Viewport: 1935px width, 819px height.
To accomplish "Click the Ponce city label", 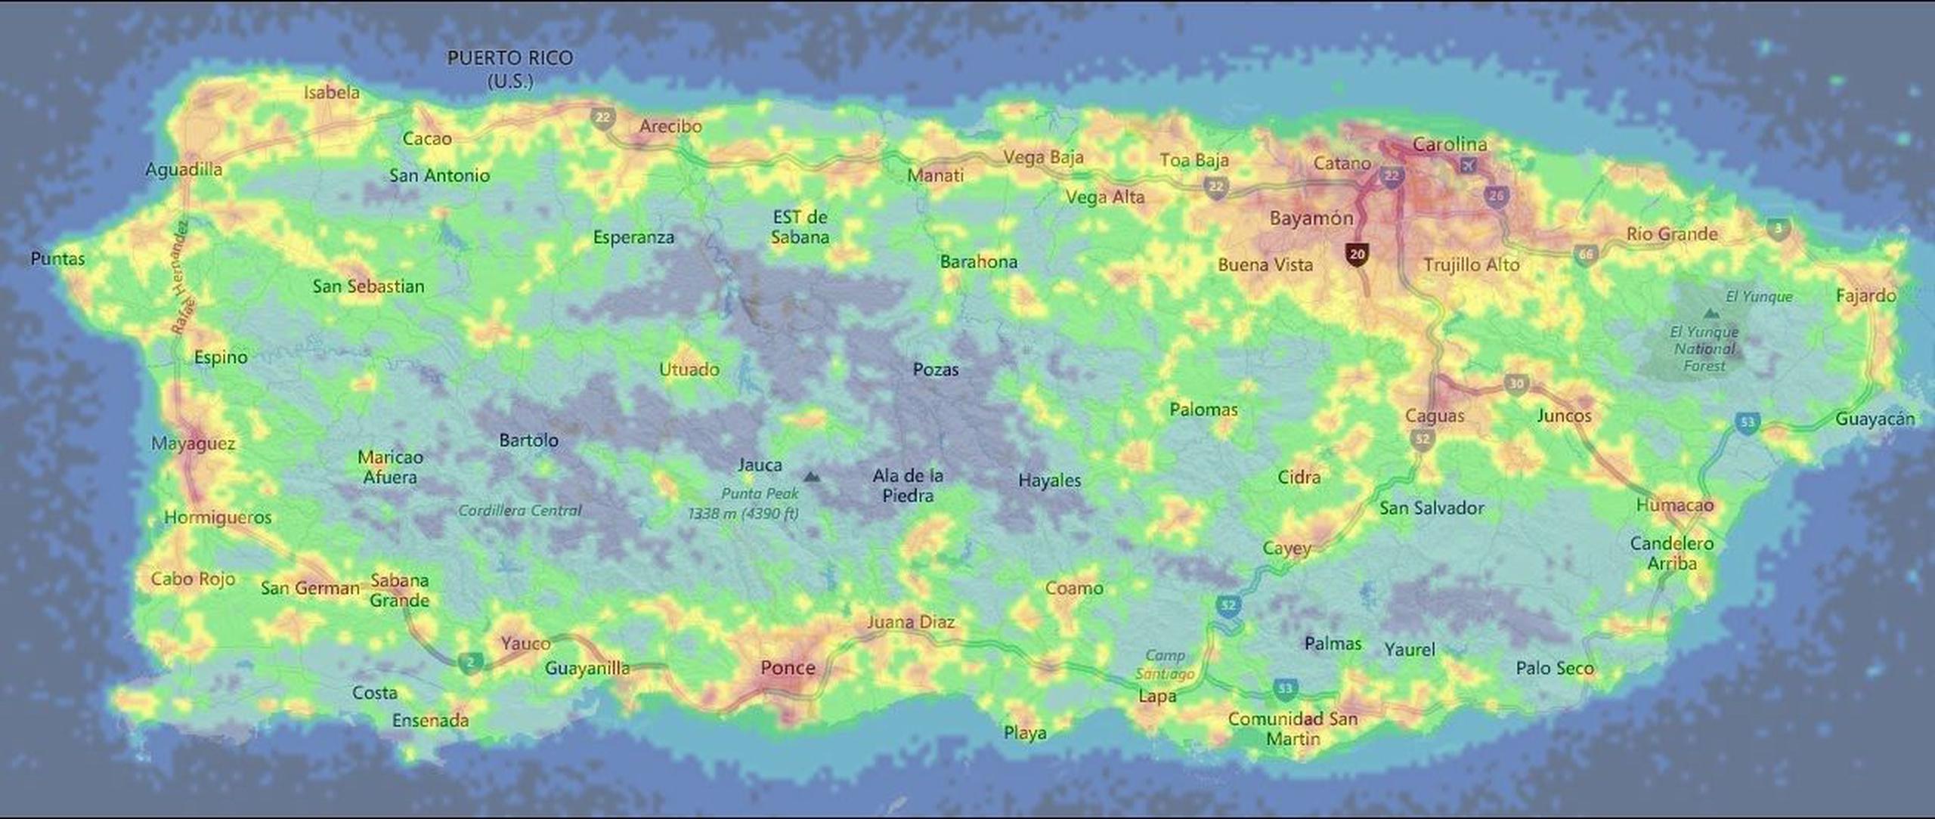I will [788, 668].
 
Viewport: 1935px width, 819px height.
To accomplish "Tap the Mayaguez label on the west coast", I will [193, 443].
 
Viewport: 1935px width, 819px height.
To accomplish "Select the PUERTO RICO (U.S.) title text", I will [510, 69].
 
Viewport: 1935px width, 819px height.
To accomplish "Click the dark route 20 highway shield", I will [1357, 254].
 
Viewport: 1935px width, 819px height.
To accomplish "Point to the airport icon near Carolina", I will [1469, 165].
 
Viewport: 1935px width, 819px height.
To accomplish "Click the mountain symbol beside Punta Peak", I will [811, 477].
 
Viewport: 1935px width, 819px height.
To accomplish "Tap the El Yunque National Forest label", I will [1704, 349].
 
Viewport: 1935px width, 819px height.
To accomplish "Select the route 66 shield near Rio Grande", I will [1585, 255].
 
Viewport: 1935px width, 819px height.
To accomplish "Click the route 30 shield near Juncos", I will [1515, 384].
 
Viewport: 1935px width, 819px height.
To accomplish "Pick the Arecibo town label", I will [670, 126].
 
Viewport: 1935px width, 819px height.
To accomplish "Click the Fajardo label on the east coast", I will [1865, 295].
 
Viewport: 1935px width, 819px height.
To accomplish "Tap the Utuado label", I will [689, 369].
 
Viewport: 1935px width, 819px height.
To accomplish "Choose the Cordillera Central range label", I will [519, 511].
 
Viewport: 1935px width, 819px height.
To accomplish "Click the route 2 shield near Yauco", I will [470, 663].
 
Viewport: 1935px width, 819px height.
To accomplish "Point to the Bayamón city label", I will [1311, 218].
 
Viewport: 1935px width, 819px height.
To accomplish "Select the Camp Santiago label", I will [1165, 665].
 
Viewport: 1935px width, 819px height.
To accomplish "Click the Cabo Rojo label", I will [193, 579].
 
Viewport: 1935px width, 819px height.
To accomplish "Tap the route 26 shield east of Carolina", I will [1496, 196].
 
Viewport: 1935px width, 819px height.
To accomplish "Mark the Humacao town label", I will [1674, 505].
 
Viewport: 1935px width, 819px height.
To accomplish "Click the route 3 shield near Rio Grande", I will [1779, 227].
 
